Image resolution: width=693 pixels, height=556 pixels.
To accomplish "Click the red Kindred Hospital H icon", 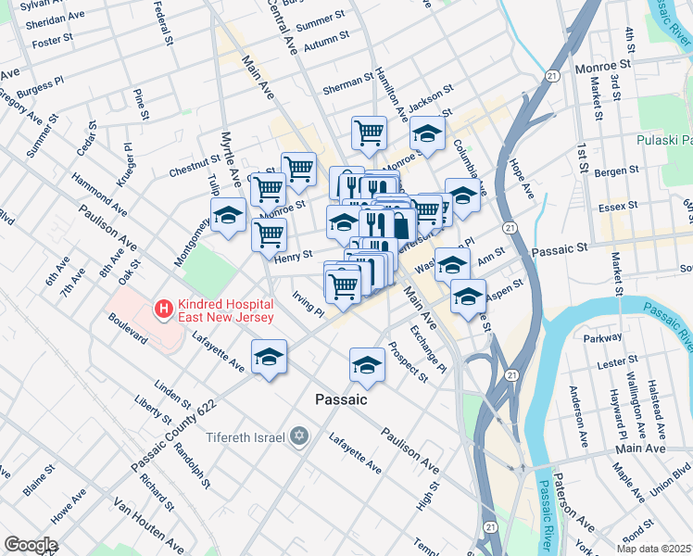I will point(163,310).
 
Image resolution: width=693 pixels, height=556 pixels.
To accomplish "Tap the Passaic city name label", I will point(341,399).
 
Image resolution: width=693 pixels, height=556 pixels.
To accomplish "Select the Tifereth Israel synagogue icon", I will point(298,436).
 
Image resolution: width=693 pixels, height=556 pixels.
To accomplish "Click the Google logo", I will point(30,545).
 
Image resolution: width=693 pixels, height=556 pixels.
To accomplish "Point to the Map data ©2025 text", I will point(653,549).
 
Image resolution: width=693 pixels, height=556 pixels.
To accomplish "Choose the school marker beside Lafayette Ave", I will point(269,357).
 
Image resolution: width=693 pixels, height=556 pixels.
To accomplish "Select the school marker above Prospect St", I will point(367,364).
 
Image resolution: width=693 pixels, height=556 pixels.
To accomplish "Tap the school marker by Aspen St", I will point(468,297).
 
